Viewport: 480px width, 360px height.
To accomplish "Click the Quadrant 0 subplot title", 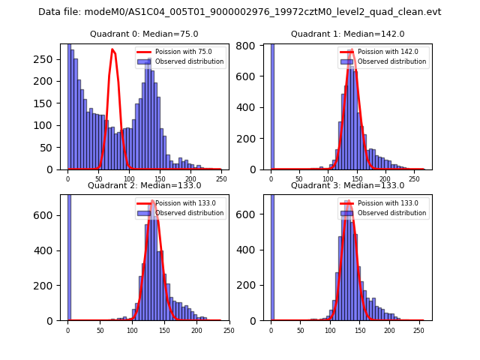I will click(x=144, y=34).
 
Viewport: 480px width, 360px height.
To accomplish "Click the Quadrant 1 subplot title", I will click(x=347, y=34).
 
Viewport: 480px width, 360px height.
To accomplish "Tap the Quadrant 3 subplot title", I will click(x=347, y=185).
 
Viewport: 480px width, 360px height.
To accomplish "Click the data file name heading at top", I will click(x=240, y=12).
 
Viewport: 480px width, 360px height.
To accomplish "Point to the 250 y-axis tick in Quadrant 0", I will click(x=49, y=58).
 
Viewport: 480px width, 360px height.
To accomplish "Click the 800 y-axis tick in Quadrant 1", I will click(x=253, y=45).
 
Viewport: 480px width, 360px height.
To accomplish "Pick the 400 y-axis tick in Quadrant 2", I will click(x=49, y=250).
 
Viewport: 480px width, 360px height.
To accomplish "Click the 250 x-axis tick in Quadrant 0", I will click(x=221, y=179).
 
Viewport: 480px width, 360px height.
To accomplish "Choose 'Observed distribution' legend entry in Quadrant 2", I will click(x=183, y=213).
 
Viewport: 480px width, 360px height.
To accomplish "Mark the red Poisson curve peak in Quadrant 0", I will click(x=112, y=49).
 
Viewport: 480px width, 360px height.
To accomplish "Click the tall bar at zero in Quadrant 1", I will click(x=271, y=105).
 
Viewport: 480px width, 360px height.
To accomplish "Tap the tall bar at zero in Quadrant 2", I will click(x=68, y=255).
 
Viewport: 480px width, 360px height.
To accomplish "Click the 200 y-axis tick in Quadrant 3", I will click(x=253, y=285).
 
